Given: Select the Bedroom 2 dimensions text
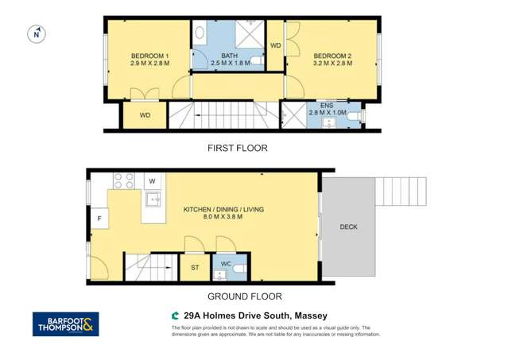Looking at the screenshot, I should click(332, 64).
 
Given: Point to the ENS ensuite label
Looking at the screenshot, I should click(327, 106).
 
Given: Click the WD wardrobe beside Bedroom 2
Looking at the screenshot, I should click(276, 46).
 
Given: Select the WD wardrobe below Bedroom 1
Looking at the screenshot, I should click(145, 116).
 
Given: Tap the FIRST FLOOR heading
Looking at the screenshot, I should click(237, 148).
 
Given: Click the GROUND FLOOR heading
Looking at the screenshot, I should click(244, 296).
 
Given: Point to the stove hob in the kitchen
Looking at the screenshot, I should click(123, 180).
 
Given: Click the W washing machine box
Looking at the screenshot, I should click(151, 181).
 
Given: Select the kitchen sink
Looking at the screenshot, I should click(153, 199).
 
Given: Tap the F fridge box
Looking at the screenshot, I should click(99, 218).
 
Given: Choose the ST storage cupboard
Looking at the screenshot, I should click(195, 268).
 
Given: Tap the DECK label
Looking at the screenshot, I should click(348, 227).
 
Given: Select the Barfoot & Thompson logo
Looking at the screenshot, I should click(65, 324).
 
